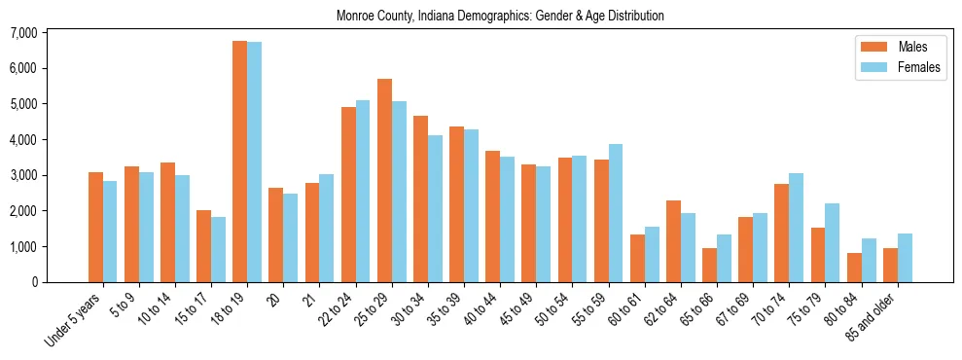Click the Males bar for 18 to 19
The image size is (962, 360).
pos(239,162)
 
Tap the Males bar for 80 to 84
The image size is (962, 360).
pos(854,268)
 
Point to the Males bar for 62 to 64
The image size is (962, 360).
pos(673,241)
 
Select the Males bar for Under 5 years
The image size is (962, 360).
pos(95,227)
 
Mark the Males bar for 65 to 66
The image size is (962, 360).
pos(709,265)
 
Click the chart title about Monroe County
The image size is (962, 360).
pos(500,17)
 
